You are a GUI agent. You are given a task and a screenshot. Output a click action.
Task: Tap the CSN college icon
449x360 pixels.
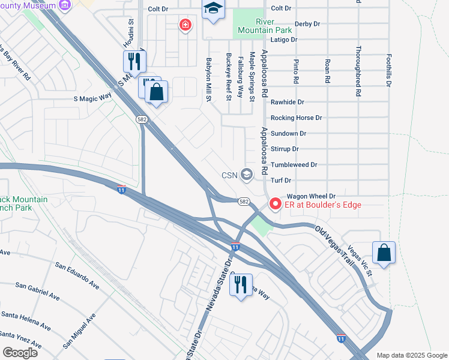[246, 175]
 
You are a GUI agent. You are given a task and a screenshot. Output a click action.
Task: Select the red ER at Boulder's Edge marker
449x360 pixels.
[276, 204]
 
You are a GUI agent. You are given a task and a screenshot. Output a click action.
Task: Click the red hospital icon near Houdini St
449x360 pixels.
[185, 25]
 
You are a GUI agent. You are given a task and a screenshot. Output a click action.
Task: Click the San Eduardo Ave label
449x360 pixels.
[77, 275]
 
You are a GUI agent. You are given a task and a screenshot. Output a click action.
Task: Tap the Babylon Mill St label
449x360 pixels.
[209, 79]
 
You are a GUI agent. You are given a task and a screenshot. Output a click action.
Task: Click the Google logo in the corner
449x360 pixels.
[20, 352]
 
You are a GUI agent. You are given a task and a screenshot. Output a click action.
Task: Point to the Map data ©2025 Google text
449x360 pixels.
[411, 355]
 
